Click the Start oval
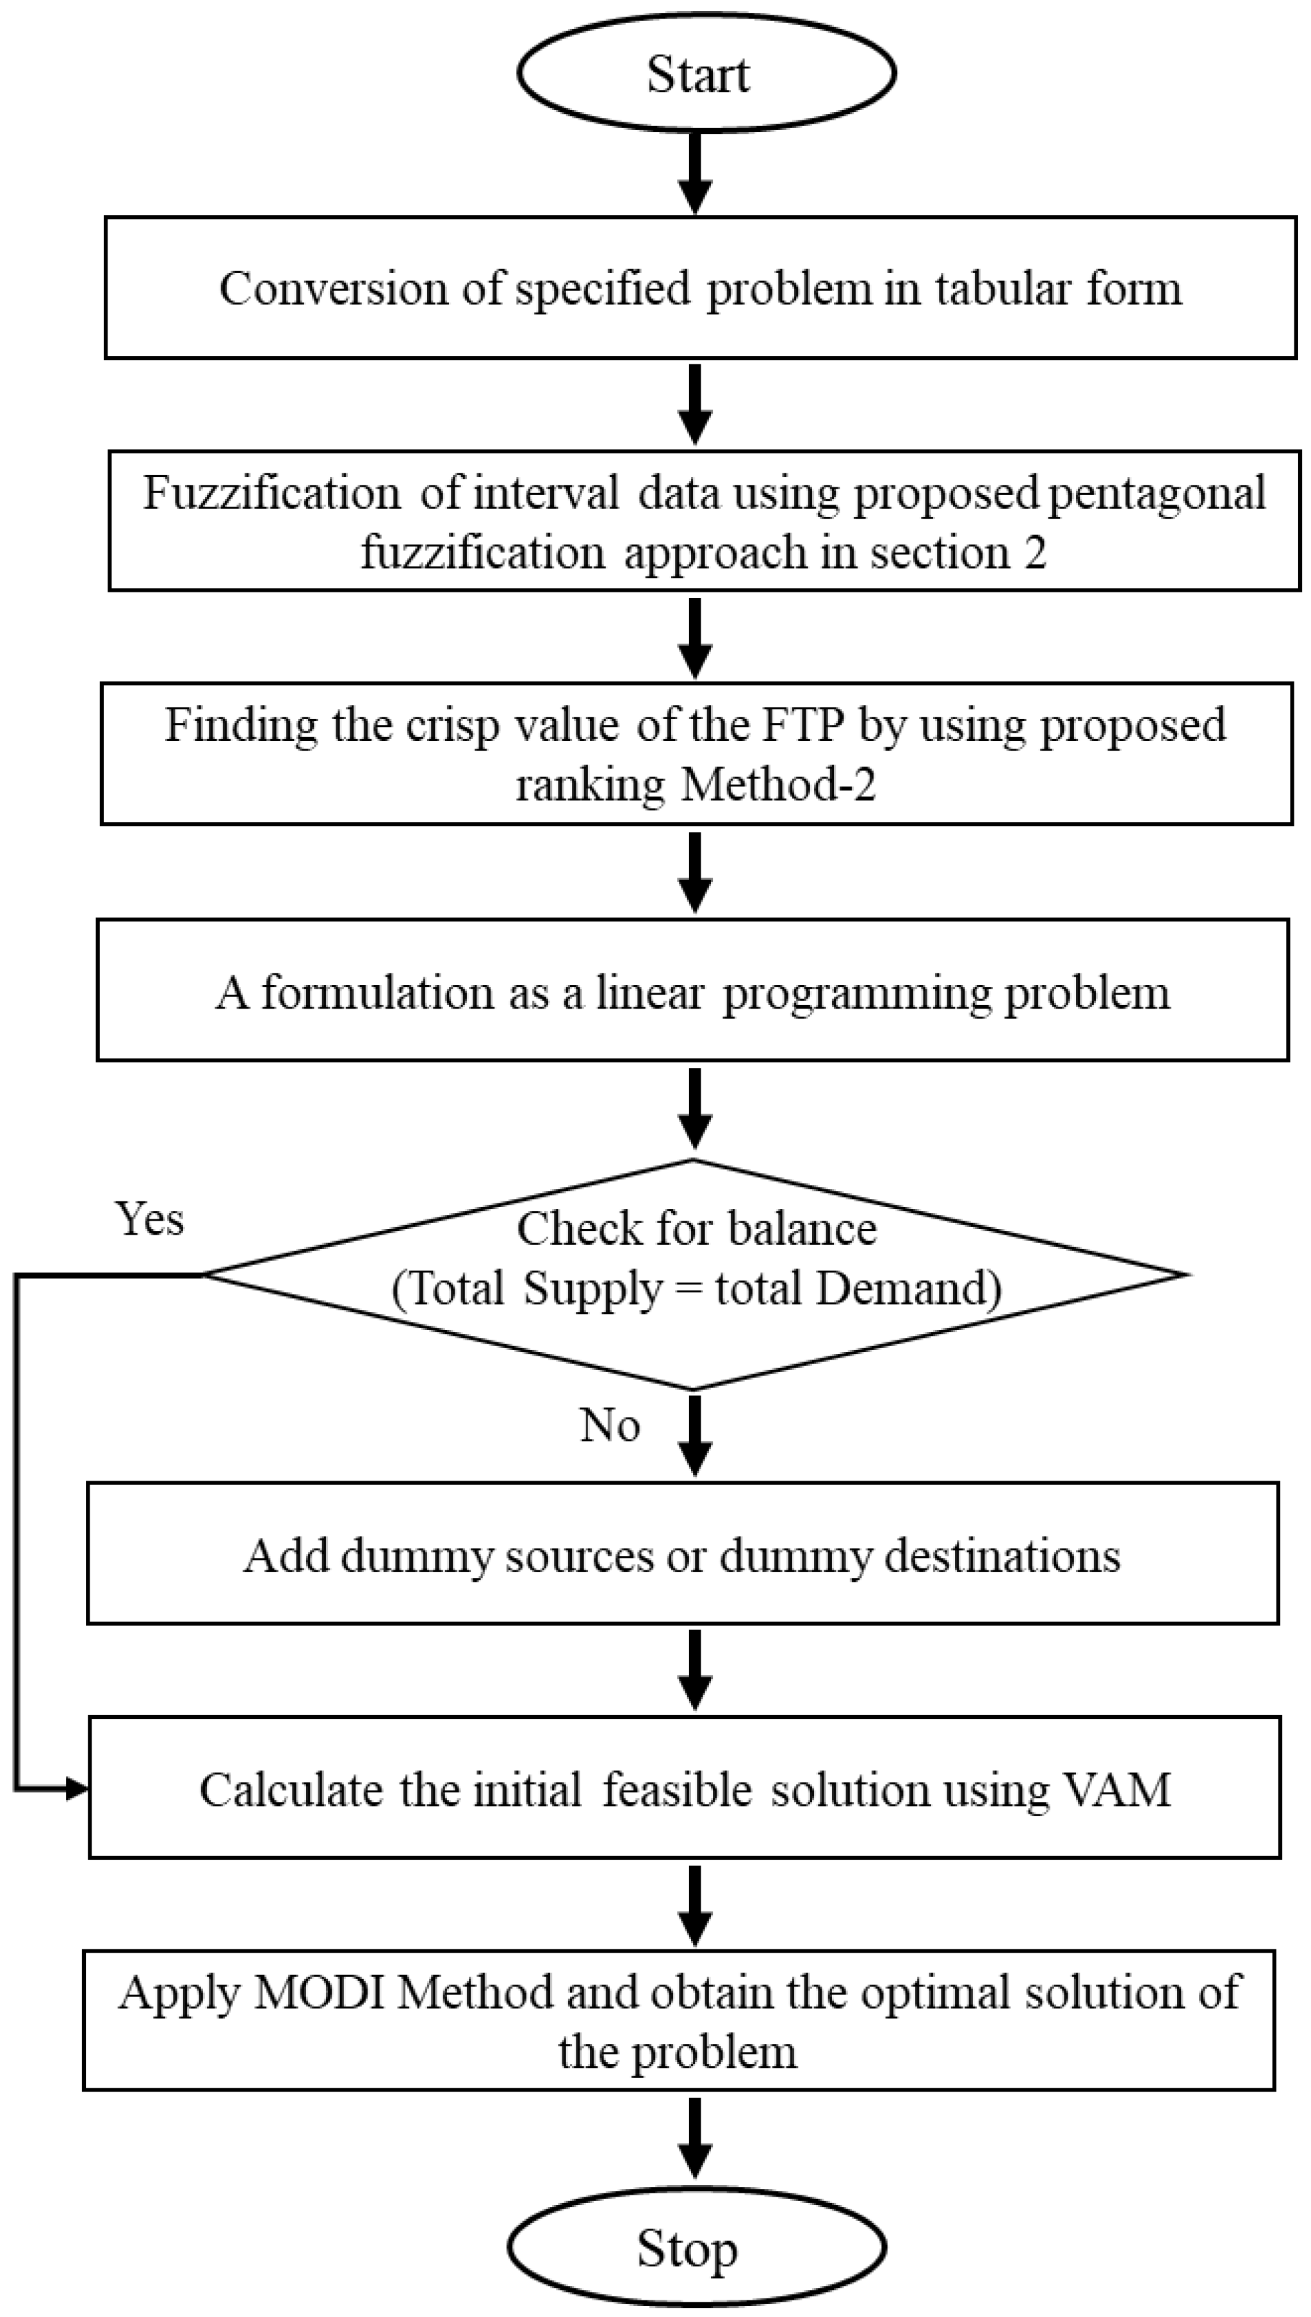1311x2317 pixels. point(705,72)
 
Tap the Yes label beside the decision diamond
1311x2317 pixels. point(149,1219)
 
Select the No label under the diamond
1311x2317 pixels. point(610,1425)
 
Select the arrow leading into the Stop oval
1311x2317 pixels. point(694,2138)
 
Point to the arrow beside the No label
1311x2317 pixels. point(694,1435)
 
